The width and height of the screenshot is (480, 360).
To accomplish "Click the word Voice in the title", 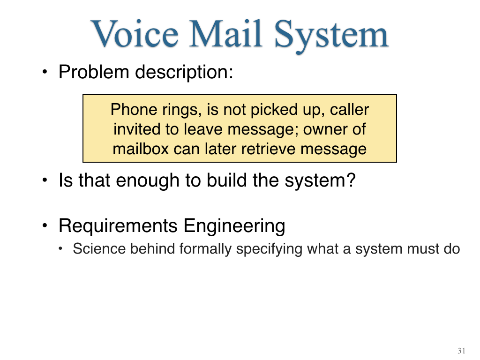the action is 135,34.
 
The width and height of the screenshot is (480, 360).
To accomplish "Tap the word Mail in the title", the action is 226,34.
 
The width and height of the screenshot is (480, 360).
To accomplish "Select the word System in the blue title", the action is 331,36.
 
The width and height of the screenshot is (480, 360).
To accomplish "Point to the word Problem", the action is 94,72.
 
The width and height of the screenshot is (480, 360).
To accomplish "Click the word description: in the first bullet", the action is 184,73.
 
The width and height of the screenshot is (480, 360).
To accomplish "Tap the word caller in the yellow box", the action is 349,109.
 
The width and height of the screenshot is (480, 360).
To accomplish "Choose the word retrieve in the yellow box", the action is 269,149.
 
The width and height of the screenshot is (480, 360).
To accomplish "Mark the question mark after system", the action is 352,180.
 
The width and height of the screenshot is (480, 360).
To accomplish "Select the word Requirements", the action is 118,227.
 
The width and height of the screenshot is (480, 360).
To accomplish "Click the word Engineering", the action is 234,227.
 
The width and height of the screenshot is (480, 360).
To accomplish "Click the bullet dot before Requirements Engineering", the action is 45,226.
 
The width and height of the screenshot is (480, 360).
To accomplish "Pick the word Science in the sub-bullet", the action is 99,248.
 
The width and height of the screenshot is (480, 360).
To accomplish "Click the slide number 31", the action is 461,351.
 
